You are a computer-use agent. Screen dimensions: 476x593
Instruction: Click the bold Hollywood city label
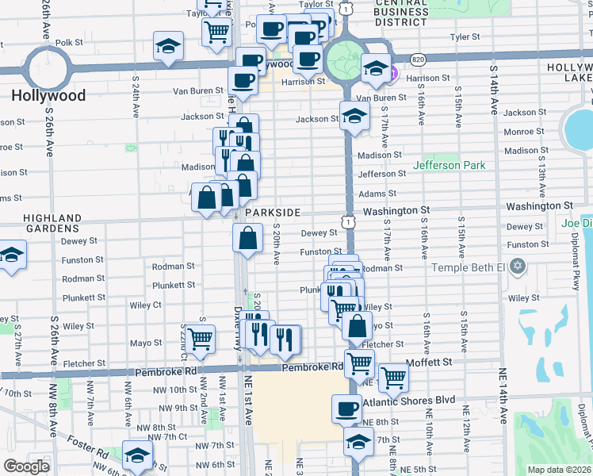tap(48, 95)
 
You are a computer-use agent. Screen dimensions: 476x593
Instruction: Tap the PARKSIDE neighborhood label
tap(273, 213)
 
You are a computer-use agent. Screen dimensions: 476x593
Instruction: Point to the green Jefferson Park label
tap(449, 165)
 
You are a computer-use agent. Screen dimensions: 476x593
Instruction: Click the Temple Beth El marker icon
tap(518, 267)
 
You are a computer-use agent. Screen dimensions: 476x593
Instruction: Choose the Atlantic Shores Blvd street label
tap(409, 401)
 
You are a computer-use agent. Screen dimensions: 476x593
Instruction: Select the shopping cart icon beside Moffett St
tap(392, 378)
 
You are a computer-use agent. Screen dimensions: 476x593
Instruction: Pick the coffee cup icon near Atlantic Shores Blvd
tap(345, 409)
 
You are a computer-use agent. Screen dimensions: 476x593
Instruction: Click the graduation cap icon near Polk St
tap(168, 46)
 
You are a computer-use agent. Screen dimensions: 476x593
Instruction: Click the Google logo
tap(26, 466)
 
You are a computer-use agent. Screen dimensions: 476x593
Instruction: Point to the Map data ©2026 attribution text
tap(558, 470)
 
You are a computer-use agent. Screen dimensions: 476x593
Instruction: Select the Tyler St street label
tap(465, 36)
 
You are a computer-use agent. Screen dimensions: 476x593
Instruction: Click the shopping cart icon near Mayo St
tap(201, 339)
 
